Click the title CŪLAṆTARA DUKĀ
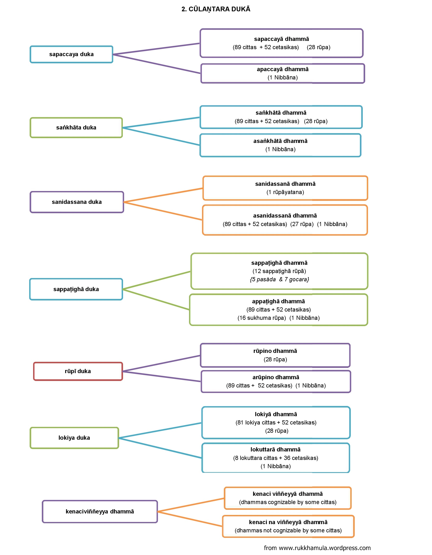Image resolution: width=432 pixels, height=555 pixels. point(219,9)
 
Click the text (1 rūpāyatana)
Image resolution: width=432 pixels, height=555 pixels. point(285,192)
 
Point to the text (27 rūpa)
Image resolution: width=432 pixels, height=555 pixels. point(302,224)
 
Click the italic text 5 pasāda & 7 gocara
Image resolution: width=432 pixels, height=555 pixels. point(279,279)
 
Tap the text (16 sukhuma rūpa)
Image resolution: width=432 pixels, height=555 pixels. point(262,318)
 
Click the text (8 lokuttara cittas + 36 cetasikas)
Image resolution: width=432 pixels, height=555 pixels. point(276,458)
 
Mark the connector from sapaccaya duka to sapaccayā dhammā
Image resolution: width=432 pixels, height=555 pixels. point(156,49)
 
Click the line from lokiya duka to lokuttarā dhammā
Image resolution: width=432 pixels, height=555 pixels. point(160,448)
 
